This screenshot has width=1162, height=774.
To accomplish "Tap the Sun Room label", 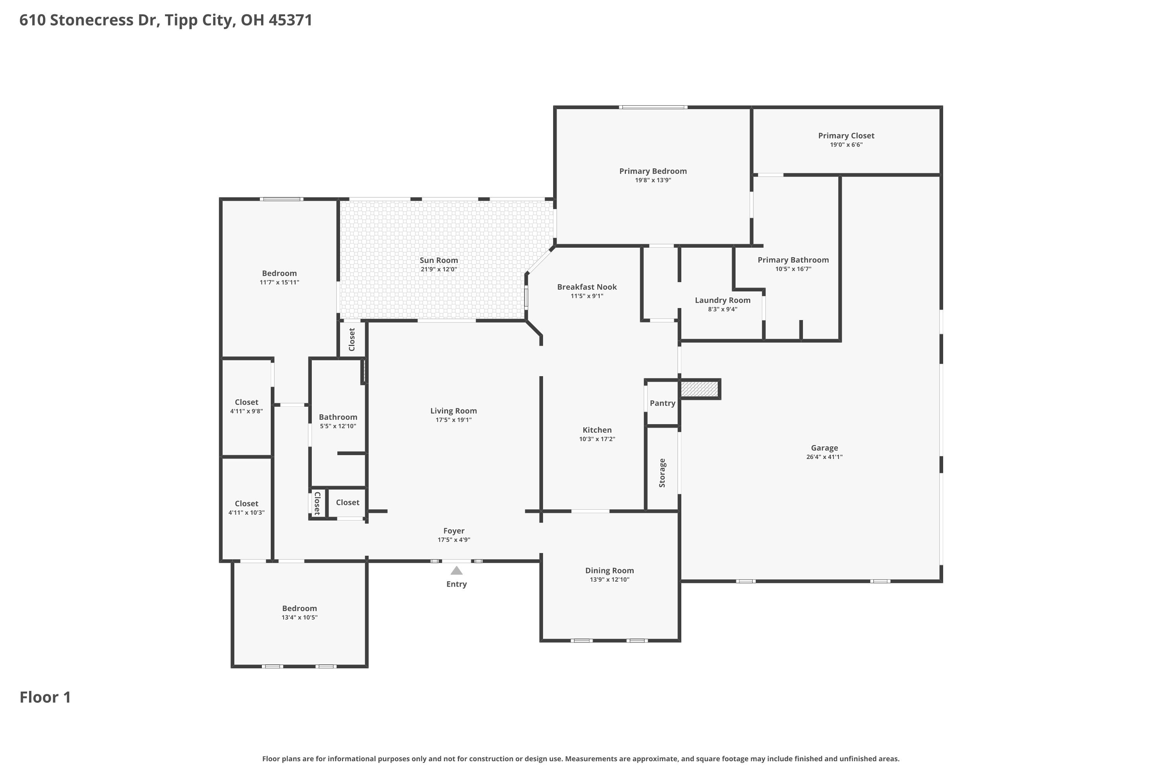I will [439, 260].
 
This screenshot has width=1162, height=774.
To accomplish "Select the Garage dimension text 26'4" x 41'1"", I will [824, 457].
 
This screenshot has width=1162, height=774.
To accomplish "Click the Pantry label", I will [662, 403].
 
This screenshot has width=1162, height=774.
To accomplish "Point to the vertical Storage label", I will [662, 473].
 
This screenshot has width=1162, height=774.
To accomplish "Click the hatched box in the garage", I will [699, 389].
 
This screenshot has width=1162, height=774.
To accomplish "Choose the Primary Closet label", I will [846, 136].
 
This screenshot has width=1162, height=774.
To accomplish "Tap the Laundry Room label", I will [722, 300].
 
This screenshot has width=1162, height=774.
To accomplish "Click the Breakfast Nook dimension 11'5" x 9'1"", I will [586, 296].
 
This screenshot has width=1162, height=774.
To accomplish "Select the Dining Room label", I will [609, 570].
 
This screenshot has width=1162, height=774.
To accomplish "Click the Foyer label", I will [454, 531].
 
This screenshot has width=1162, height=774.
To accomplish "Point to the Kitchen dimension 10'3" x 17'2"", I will [597, 439].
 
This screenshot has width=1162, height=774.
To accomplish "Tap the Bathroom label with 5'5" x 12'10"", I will [337, 417].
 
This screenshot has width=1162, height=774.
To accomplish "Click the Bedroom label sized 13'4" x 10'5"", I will [299, 609].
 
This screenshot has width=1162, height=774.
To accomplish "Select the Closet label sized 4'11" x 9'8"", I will [246, 402].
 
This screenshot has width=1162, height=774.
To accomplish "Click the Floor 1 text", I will [45, 697].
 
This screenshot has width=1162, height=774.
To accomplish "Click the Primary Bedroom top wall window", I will [653, 107].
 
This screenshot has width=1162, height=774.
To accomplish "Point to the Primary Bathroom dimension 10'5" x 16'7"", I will [793, 269].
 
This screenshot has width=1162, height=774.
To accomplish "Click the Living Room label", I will [453, 411].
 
